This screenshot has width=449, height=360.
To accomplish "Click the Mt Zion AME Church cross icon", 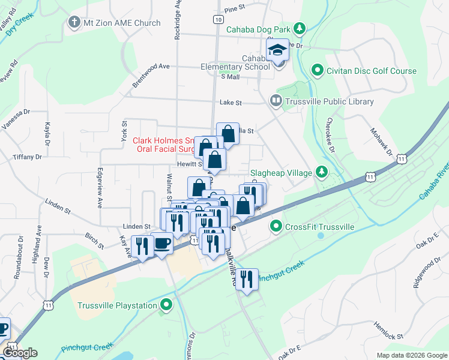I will (74, 23).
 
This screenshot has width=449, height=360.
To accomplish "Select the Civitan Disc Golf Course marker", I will (318, 71).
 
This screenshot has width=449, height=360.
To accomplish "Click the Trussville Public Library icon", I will (277, 101).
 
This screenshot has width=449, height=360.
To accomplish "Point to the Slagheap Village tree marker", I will (322, 173).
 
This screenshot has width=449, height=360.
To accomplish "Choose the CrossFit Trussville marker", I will (276, 226).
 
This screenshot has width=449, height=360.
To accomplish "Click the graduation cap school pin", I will (278, 50).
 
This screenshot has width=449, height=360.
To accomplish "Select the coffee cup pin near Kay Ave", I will (162, 244).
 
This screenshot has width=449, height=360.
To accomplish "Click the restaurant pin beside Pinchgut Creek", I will (247, 279).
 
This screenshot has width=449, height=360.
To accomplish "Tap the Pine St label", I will (235, 10).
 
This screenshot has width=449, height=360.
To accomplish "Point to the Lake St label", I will (231, 103).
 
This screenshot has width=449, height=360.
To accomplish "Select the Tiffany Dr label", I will (28, 157).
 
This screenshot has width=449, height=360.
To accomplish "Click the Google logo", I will (20, 353).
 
